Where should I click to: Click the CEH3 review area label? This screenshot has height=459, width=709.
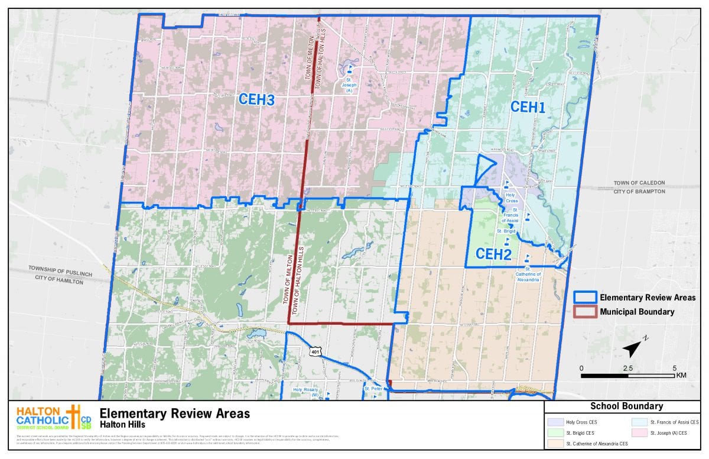(256, 100)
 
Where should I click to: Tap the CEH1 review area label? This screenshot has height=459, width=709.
(527, 107)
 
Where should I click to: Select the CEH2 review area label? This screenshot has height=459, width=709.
(493, 254)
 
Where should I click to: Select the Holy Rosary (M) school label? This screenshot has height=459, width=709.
(306, 392)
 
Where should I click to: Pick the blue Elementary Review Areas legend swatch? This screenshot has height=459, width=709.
(584, 297)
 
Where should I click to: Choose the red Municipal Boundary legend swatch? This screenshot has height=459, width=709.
(584, 312)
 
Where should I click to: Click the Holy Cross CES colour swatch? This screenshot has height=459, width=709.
(555, 422)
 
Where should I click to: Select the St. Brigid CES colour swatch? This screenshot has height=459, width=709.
(555, 432)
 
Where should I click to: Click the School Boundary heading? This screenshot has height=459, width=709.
(626, 406)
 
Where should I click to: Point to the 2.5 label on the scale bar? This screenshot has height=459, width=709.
(627, 368)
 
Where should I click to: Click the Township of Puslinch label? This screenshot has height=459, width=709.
(58, 269)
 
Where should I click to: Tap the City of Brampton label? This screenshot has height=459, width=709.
(639, 191)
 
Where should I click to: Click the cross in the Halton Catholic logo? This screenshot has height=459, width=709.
(74, 417)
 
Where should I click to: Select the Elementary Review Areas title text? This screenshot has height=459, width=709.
(174, 413)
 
